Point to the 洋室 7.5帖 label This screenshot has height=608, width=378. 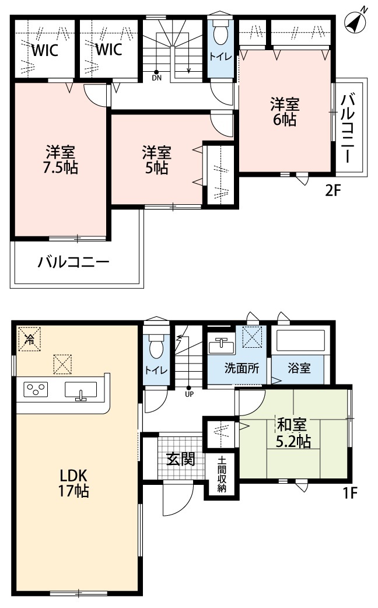[x=60, y=160]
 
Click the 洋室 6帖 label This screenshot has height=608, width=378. [x=284, y=112]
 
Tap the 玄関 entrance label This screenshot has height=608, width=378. [x=180, y=459]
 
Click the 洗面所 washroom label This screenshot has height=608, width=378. [x=237, y=369]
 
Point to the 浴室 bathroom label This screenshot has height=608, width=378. [x=298, y=369]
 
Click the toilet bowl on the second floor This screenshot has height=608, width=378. [x=220, y=34]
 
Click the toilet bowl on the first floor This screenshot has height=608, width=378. [x=156, y=348]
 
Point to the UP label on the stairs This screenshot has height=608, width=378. [x=189, y=393]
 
